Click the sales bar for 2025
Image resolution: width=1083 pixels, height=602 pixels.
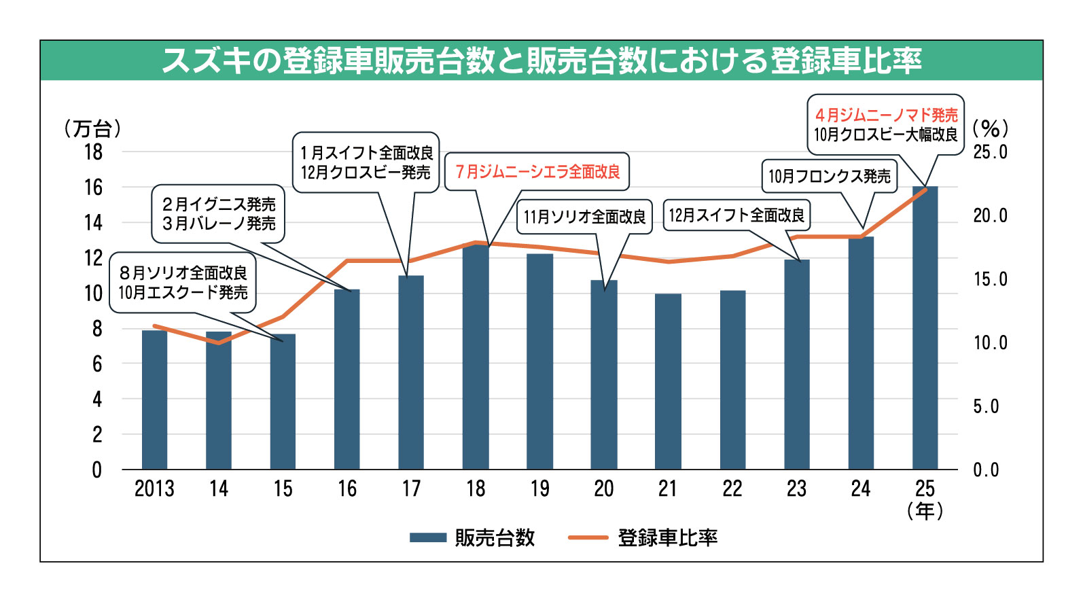(925, 328)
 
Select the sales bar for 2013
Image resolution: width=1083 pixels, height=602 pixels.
(154, 400)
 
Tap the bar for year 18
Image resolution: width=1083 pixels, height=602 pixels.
(476, 357)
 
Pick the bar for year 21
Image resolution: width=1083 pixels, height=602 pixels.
(668, 381)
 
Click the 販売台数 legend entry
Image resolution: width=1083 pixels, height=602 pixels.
(473, 537)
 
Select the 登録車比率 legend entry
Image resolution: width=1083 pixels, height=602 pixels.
(643, 537)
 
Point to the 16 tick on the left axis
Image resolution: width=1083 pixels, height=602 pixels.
(93, 188)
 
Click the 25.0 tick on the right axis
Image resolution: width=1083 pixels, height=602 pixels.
(990, 152)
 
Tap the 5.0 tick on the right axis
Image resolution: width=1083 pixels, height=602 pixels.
(986, 406)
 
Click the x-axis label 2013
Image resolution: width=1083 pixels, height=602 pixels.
(154, 489)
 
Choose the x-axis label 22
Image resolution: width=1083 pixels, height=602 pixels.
(732, 489)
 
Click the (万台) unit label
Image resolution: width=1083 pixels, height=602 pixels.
(92, 128)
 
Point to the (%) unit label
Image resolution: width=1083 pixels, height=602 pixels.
(991, 128)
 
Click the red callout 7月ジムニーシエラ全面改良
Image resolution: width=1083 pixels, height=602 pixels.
(537, 172)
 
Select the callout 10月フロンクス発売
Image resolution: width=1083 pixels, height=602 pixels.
(829, 177)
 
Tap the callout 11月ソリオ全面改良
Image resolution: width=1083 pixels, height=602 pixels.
(584, 217)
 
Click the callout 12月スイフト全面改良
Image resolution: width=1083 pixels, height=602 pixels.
(736, 215)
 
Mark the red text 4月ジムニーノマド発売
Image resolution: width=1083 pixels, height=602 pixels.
(886, 115)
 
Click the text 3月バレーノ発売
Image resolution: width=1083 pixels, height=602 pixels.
(219, 224)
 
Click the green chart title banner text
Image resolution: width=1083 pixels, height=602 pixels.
(541, 60)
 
